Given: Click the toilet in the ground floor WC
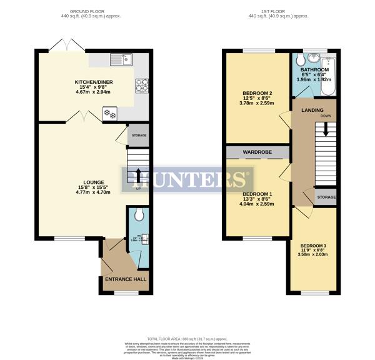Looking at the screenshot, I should click(x=139, y=215).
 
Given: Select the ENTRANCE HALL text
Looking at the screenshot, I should click(x=125, y=279).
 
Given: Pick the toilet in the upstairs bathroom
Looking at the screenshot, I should click(x=299, y=60).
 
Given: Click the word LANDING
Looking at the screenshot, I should click(x=312, y=110).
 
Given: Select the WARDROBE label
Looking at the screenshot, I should click(x=257, y=152).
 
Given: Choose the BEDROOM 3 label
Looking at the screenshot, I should click(x=313, y=246).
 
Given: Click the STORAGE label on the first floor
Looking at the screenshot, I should click(x=326, y=197).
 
